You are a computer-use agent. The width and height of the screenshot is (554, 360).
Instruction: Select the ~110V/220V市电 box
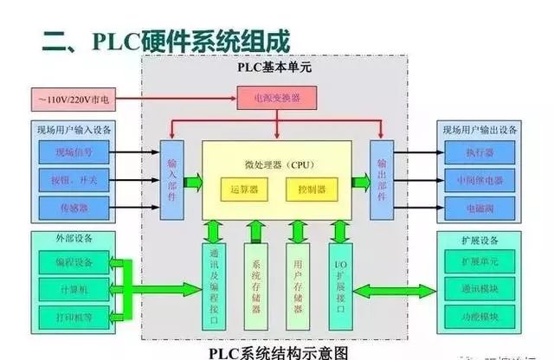click(74, 100)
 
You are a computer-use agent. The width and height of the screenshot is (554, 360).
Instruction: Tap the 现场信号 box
click(74, 152)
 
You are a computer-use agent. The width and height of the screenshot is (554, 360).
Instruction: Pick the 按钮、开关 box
click(74, 180)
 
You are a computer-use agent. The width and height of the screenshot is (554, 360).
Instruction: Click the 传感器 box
click(74, 209)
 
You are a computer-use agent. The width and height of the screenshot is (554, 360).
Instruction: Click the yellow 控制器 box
click(311, 188)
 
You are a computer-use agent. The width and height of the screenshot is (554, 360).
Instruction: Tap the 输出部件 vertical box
click(381, 180)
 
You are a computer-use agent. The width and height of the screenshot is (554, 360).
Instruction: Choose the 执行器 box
click(478, 152)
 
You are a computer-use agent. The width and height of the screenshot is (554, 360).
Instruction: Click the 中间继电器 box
click(478, 180)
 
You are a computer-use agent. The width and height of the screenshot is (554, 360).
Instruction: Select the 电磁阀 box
click(478, 209)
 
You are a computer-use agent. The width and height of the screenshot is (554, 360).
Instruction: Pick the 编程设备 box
click(74, 261)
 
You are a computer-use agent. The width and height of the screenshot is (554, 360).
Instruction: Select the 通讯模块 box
click(478, 288)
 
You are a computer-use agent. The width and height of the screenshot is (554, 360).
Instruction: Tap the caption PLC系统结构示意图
click(277, 352)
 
